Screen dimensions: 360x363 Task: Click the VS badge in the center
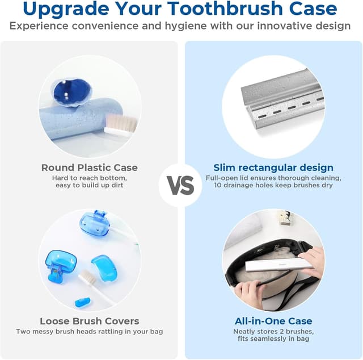tap(181, 185)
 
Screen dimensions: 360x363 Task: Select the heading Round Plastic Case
tap(90, 168)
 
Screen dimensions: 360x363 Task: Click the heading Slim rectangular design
tap(273, 168)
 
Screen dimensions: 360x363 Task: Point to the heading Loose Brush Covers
tap(90, 321)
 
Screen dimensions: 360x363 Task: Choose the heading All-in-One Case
tap(273, 321)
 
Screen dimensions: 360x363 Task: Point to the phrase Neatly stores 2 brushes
tap(273, 331)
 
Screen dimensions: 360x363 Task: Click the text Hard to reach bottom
tap(90, 178)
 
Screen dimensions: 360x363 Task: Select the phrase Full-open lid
tap(225, 178)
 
